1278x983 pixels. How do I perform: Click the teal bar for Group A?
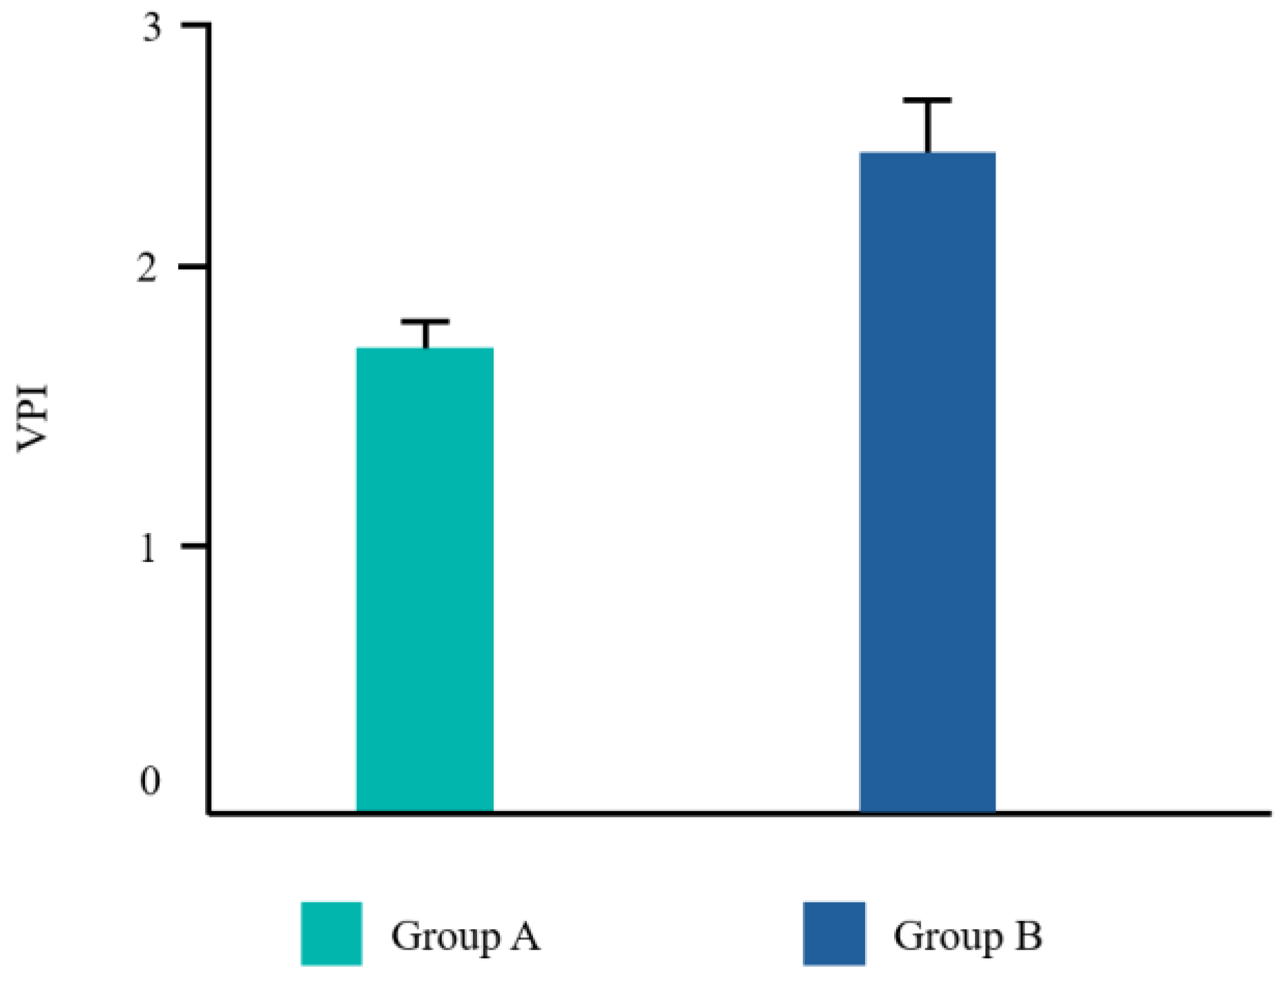click(425, 580)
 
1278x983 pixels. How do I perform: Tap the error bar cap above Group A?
click(425, 322)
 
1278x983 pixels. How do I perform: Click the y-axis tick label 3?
click(151, 29)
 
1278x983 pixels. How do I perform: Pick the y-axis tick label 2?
click(147, 268)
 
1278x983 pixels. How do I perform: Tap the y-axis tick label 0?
click(150, 781)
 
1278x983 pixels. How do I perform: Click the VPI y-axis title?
click(33, 418)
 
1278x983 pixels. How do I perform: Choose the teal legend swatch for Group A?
click(331, 933)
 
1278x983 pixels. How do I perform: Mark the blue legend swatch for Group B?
click(834, 933)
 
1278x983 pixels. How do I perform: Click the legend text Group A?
click(465, 937)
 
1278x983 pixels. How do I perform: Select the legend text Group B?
click(967, 937)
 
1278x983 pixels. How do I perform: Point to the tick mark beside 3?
click(195, 25)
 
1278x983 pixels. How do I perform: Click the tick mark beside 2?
click(195, 266)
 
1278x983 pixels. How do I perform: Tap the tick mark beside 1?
click(195, 546)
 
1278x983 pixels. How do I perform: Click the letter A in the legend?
click(525, 936)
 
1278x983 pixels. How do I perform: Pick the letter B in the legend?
click(1029, 936)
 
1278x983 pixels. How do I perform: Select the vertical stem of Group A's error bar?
click(426, 335)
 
